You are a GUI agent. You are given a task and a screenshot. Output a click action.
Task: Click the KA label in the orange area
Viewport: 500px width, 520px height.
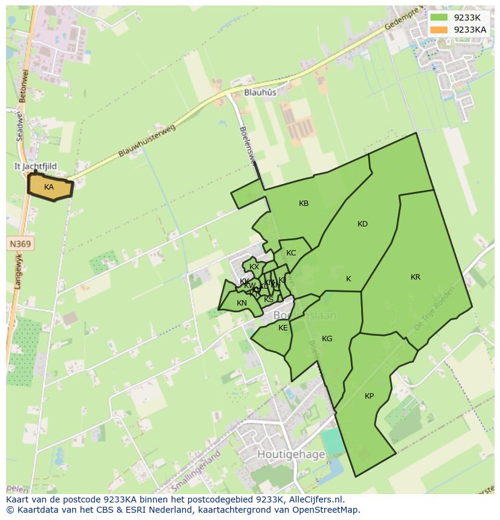point(49,187)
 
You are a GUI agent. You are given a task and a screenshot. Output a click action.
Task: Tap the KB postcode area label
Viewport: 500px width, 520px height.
point(304,204)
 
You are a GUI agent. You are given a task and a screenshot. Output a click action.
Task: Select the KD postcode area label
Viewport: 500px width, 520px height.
point(362,224)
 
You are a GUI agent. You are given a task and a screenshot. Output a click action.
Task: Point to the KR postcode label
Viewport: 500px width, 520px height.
point(415,277)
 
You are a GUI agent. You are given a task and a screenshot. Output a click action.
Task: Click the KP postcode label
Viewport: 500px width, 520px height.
point(369,396)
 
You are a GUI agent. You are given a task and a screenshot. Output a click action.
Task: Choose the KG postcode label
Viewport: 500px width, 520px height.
point(327,339)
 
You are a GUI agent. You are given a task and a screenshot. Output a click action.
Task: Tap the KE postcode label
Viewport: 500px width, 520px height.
point(283,328)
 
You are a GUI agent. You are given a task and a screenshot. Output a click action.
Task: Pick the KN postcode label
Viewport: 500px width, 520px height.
point(242,303)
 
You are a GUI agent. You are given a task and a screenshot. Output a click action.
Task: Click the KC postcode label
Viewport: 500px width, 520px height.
point(291,253)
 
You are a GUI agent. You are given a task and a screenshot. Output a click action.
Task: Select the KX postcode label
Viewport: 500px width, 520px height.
point(254,267)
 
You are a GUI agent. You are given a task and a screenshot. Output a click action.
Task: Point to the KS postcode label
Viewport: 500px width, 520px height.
point(269,299)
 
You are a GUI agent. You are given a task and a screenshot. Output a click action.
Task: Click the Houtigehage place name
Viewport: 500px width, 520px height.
point(291,454)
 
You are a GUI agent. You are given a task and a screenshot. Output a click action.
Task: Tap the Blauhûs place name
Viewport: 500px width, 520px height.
point(260,92)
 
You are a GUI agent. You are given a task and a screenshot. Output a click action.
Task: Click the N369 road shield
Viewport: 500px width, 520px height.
point(21,244)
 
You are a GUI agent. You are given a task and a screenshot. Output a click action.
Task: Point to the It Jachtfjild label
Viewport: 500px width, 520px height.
point(36,166)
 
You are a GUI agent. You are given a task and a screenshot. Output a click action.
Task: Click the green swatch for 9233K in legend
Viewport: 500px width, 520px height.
point(439,18)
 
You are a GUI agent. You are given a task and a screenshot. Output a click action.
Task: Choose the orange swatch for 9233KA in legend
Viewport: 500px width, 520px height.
point(439,30)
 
